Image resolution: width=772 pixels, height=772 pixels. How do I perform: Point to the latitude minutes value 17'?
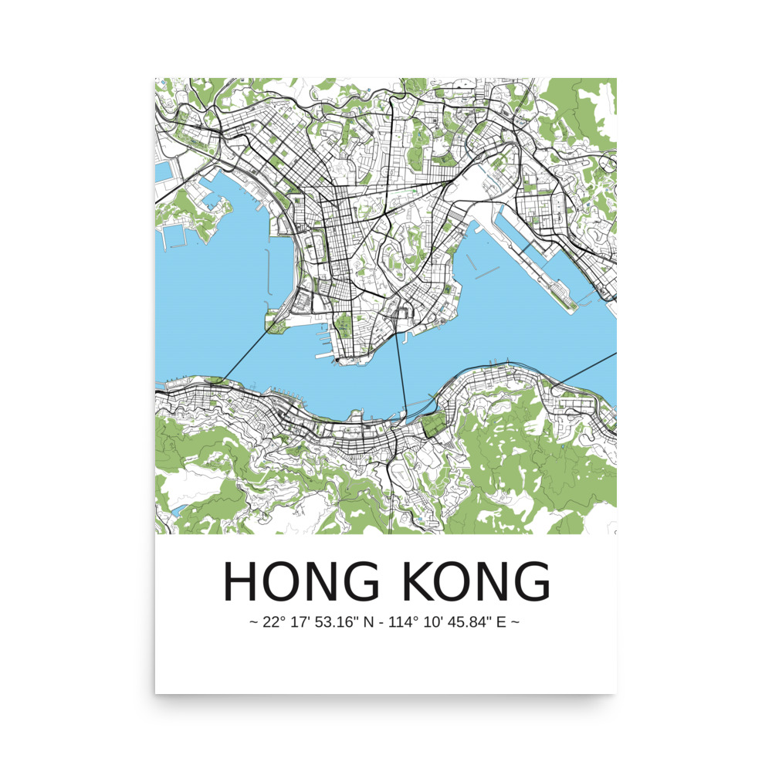click(x=298, y=621)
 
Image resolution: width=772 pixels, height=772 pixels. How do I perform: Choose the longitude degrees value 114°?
click(x=408, y=621)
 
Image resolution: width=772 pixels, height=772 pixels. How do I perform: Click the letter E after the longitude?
click(x=501, y=621)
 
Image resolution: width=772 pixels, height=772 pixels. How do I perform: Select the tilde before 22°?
click(x=252, y=622)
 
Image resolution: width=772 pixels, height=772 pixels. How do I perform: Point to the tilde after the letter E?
click(x=515, y=622)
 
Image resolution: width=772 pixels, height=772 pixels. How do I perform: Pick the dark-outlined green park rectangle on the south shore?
click(x=435, y=423)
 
